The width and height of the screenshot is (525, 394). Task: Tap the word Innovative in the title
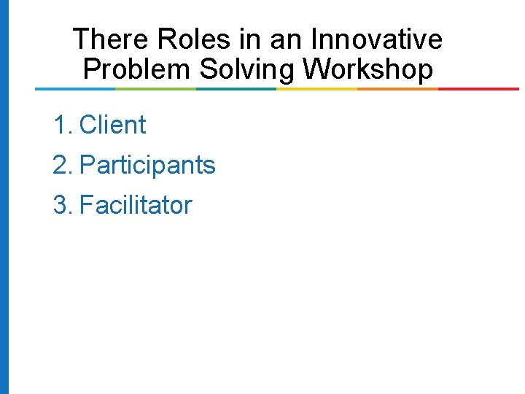tap(377, 39)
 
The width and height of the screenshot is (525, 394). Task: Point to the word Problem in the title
tap(137, 69)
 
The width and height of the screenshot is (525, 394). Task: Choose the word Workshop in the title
tap(368, 69)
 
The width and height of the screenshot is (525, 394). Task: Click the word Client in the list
tap(112, 125)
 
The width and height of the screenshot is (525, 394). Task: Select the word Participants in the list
tap(147, 166)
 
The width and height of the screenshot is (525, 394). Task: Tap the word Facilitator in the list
tap(136, 205)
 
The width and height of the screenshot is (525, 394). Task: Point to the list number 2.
tap(61, 166)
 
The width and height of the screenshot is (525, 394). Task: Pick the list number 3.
tap(61, 205)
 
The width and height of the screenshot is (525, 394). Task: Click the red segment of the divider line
tap(478, 89)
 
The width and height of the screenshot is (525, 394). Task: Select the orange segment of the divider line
tap(397, 89)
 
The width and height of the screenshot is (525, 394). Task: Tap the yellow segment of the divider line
tap(317, 89)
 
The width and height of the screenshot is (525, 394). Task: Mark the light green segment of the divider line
tap(155, 89)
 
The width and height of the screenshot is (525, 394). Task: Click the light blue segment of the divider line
tap(75, 89)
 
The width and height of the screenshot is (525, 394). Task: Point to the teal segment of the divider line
tap(236, 89)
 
